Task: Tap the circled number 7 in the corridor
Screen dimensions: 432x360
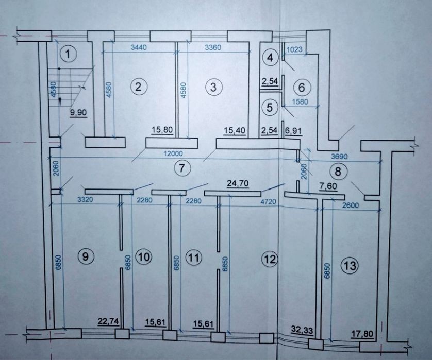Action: click(181, 167)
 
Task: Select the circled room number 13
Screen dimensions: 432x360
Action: click(350, 266)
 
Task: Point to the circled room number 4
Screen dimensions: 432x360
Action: click(271, 58)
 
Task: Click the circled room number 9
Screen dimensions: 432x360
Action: click(86, 256)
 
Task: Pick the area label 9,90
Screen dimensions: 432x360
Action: click(79, 112)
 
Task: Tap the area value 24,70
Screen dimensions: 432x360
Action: click(238, 183)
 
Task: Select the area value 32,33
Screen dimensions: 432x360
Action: click(302, 330)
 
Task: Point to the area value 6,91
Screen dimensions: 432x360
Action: click(294, 130)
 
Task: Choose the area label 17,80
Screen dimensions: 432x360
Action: click(362, 334)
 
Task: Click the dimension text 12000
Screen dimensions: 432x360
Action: click(173, 154)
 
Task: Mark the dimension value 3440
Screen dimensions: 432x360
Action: click(139, 47)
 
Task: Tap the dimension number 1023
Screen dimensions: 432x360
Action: click(294, 49)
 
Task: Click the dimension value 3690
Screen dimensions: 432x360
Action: click(339, 157)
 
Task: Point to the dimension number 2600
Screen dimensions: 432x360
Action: click(351, 205)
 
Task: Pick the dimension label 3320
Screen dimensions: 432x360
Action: click(86, 200)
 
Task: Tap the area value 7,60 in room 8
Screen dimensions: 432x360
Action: click(328, 186)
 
